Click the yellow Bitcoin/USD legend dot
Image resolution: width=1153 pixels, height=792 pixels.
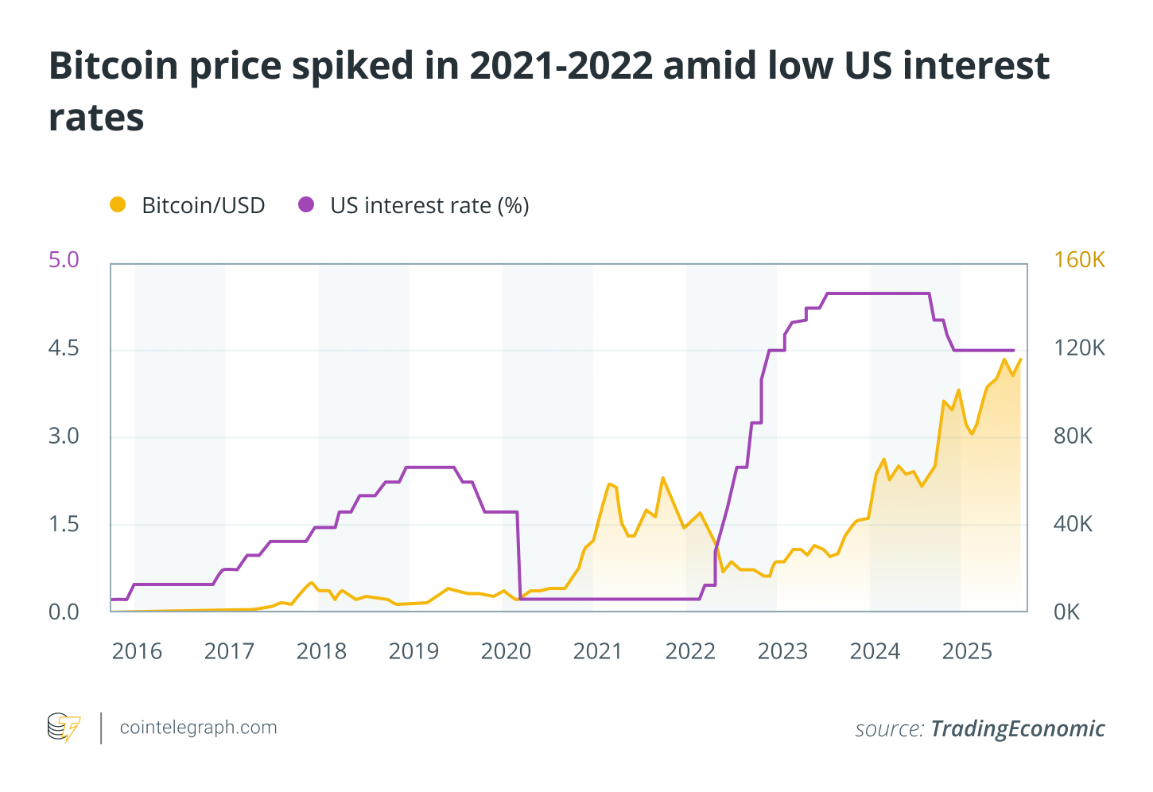click(x=118, y=205)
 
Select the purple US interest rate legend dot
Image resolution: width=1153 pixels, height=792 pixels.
click(x=306, y=205)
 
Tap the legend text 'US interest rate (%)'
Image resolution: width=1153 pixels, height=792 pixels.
click(x=429, y=206)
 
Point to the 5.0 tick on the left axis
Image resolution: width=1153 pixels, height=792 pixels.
click(x=64, y=260)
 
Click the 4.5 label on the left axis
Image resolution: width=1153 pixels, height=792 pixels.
click(x=64, y=348)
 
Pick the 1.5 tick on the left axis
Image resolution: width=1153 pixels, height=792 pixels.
click(x=64, y=524)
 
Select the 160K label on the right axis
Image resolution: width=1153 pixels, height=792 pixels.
click(x=1079, y=260)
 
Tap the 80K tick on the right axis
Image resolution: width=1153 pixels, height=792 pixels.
click(x=1073, y=437)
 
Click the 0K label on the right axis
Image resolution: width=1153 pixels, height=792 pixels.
click(x=1066, y=612)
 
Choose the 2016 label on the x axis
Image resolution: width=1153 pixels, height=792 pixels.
click(x=137, y=652)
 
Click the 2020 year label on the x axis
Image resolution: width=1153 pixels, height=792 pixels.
click(x=506, y=652)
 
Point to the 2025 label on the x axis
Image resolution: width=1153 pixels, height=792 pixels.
click(x=967, y=652)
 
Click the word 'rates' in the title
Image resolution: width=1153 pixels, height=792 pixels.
click(x=96, y=118)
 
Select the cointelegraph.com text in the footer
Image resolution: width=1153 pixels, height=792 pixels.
click(x=198, y=728)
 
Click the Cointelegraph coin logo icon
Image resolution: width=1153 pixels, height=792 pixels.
click(x=64, y=728)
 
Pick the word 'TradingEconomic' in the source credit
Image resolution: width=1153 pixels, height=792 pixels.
click(x=1018, y=729)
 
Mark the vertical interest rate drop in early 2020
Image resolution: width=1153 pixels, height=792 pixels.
click(x=518, y=557)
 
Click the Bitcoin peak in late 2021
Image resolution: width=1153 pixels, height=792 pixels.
click(x=662, y=478)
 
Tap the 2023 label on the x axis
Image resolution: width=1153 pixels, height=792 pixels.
click(x=782, y=652)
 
